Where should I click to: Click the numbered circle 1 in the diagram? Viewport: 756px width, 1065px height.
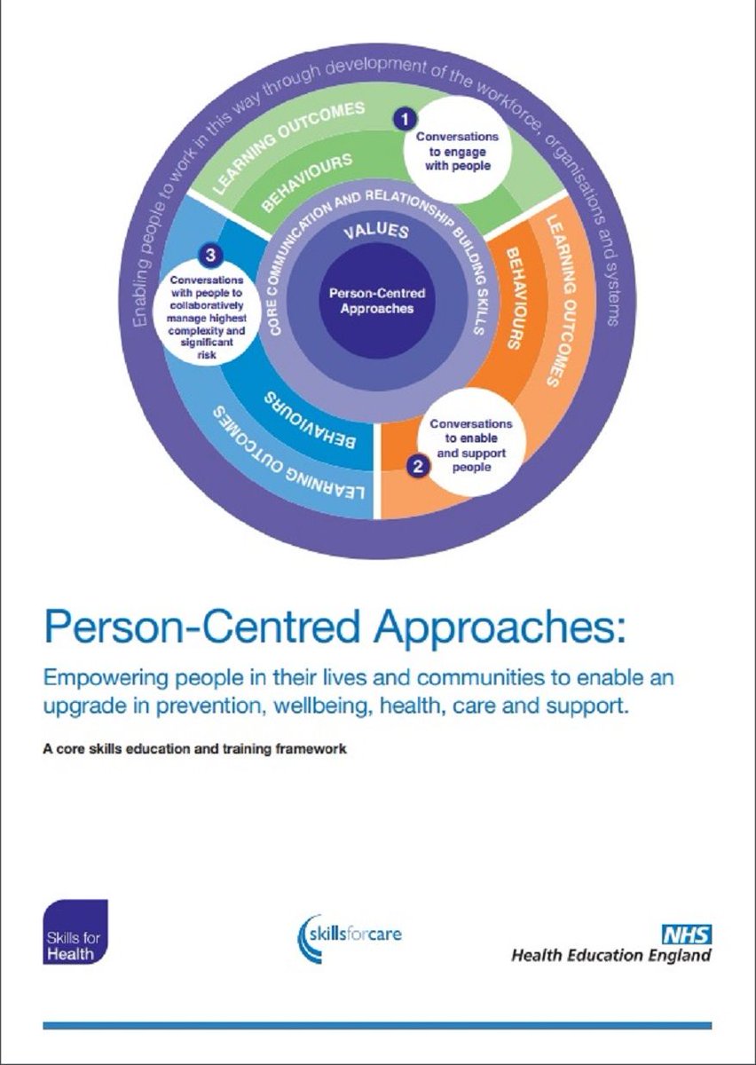coord(405,117)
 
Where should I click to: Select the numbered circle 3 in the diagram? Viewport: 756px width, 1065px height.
coord(209,256)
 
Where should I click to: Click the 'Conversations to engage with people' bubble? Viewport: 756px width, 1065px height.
coord(458,152)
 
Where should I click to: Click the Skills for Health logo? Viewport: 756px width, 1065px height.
coord(75,932)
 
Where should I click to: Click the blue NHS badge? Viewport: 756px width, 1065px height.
coord(689,934)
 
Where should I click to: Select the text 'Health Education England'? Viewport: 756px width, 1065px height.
coord(610,956)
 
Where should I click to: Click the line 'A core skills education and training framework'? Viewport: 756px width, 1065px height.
coord(193,748)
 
